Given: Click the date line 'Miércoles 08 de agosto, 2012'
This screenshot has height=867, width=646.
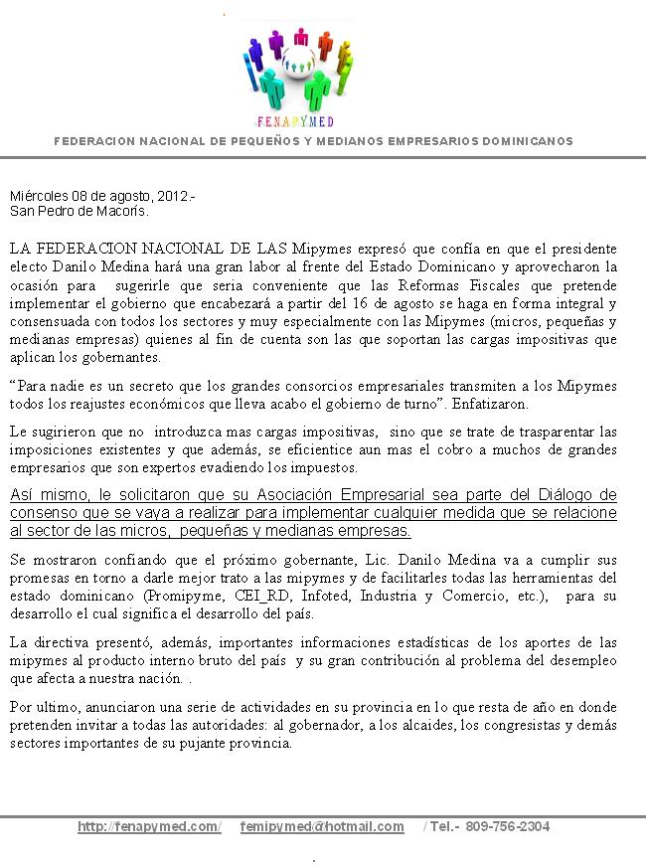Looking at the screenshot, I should click(x=101, y=197).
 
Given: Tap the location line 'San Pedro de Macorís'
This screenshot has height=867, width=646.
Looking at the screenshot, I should click(x=79, y=211).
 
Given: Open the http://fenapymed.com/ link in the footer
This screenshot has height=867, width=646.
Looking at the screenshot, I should click(x=149, y=826).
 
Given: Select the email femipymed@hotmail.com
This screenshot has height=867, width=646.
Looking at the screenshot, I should click(x=322, y=826).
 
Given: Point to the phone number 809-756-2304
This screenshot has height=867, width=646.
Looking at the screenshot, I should click(x=507, y=826).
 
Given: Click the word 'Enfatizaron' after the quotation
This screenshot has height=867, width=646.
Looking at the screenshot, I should click(x=494, y=405).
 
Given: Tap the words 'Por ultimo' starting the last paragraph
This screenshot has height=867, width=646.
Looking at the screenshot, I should click(x=41, y=707).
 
